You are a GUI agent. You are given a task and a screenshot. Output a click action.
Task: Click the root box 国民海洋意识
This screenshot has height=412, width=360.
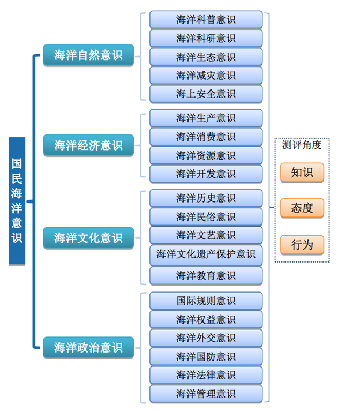17,200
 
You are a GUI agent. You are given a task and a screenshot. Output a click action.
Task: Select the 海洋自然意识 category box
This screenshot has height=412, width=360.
88,55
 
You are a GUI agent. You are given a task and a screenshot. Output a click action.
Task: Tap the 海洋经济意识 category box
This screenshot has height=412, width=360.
88,145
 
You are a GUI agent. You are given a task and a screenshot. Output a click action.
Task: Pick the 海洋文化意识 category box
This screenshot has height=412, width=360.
88,237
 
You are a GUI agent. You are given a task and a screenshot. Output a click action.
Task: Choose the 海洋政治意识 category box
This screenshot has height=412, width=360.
88,347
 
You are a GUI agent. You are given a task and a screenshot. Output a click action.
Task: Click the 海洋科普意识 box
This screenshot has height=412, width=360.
206,20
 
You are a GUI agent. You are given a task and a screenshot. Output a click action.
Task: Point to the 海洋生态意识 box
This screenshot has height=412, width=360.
206,57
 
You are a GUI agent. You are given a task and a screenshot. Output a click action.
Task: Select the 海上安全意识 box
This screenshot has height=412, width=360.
206,94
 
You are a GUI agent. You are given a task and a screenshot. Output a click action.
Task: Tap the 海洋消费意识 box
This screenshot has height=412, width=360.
206,137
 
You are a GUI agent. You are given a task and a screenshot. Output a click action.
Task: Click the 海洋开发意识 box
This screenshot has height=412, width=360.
206,174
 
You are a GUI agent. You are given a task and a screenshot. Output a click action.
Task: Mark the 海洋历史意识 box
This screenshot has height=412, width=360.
206,198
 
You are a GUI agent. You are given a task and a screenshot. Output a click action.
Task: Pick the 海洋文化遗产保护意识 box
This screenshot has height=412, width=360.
206,254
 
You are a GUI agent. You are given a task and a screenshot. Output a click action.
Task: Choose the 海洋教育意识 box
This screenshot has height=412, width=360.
206,275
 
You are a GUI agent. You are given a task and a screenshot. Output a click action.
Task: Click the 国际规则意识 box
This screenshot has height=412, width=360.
206,301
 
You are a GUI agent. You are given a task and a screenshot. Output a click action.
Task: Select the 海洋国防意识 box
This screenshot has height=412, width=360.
206,356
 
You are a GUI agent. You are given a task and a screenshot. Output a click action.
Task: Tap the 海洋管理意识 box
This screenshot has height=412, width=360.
206,394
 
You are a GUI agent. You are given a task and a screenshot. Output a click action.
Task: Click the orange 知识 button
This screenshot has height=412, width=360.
302,173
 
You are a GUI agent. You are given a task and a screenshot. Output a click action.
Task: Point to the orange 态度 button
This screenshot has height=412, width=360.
302,208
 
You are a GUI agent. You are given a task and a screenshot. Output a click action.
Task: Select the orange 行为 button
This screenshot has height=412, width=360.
302,244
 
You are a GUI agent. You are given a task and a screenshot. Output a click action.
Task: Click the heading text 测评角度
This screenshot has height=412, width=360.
302,145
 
